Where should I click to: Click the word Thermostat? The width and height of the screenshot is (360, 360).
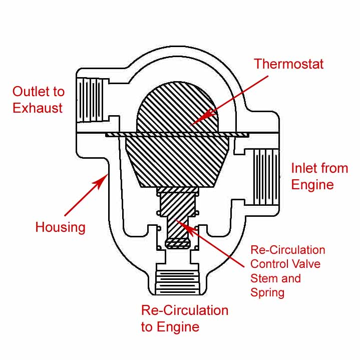[x=288, y=64]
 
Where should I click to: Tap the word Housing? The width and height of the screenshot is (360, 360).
[x=60, y=227]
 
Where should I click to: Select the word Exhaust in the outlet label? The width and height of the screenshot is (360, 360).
[x=38, y=108]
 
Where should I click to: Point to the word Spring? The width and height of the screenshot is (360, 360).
[x=267, y=292]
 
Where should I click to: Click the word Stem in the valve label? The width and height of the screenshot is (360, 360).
[x=262, y=278]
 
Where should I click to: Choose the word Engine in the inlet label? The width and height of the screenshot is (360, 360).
[x=312, y=185]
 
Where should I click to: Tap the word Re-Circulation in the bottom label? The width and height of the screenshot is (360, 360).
[x=184, y=310]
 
